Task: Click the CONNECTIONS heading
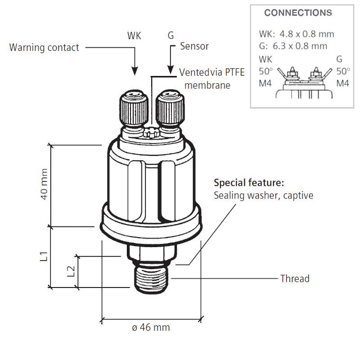tap(298, 13)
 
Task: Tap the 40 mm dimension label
tap(44, 185)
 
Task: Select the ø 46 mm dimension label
tap(151, 328)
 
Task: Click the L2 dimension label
tap(71, 270)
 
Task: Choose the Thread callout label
tap(295, 279)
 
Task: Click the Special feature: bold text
tap(249, 183)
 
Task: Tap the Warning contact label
tap(44, 48)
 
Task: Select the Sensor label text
tap(194, 46)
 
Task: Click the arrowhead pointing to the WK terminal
tap(134, 71)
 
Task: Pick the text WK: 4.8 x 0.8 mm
tap(297, 34)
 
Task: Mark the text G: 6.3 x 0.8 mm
tap(293, 46)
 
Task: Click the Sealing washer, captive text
tap(263, 196)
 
